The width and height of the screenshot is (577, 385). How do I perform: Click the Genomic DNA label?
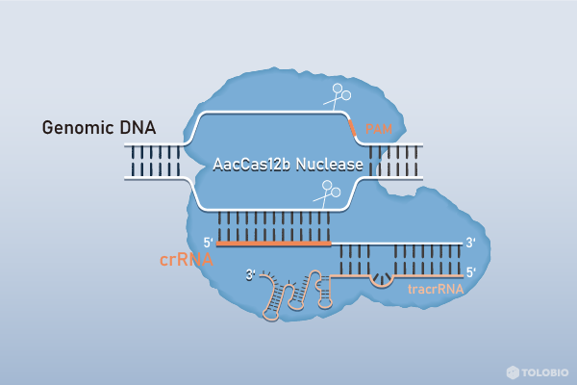point(98,128)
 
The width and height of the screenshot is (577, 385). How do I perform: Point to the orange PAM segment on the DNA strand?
point(353,124)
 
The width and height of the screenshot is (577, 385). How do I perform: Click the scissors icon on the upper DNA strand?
point(336,97)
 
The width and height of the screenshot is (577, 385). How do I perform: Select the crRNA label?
point(186,259)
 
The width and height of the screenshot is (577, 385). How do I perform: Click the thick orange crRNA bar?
point(274,244)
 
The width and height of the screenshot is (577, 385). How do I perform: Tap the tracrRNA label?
point(436,287)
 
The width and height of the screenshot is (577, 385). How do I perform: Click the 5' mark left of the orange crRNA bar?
point(207,243)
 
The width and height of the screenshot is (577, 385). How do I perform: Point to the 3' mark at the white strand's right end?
point(470,243)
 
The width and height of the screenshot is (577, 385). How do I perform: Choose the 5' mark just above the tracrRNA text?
point(470,272)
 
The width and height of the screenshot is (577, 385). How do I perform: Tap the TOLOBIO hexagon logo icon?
point(513,371)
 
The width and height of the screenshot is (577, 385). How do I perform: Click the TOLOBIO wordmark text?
point(544,371)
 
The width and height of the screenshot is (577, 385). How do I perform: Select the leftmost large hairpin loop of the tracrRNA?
point(276,298)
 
